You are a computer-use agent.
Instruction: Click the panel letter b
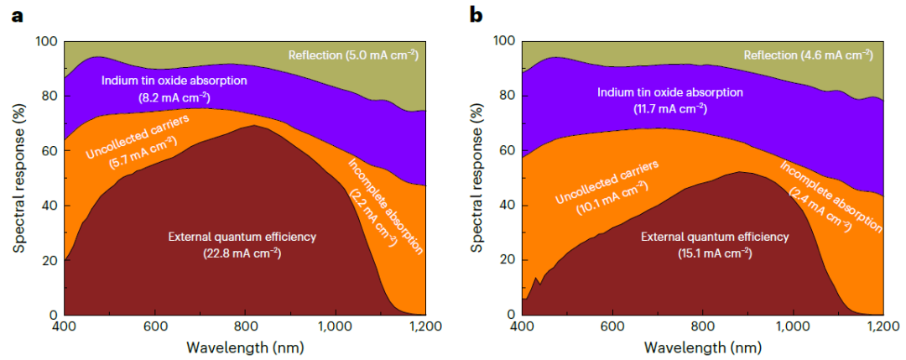476,15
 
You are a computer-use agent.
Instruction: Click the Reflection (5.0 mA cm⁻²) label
353,55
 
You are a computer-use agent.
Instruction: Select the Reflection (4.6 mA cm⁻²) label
809,55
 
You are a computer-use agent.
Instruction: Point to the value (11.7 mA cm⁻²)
669,108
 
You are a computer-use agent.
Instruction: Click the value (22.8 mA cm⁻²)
244,253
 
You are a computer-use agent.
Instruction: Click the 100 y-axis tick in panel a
47,41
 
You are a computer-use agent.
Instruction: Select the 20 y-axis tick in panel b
506,260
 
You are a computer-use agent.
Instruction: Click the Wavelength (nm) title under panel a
245,347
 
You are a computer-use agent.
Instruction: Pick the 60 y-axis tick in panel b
506,151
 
